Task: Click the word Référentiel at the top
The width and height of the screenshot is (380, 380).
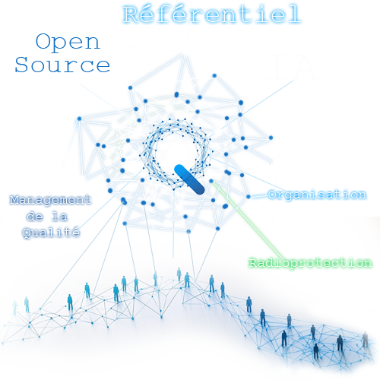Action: click(212, 14)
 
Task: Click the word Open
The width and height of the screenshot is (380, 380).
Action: click(68, 43)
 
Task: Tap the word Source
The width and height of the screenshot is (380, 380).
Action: click(62, 65)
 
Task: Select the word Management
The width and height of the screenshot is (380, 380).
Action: click(50, 200)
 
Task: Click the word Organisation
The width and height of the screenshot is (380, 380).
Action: click(317, 195)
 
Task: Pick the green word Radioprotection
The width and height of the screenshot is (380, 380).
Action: click(310, 263)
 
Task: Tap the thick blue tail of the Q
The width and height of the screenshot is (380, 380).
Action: click(189, 179)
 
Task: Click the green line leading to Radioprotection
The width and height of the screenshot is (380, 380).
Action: click(246, 218)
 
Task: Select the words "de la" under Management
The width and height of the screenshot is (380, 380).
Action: click(47, 217)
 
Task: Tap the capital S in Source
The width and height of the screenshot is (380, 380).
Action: click(21, 65)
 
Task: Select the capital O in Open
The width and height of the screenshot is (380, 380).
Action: click(43, 41)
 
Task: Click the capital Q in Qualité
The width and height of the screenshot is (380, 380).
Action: click(27, 233)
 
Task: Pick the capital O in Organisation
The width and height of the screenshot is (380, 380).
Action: click(273, 195)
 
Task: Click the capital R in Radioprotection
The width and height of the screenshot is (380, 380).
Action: click(253, 263)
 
